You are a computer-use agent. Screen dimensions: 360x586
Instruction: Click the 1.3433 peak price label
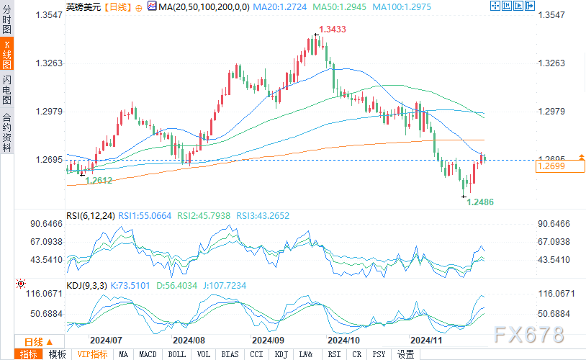pos(333,30)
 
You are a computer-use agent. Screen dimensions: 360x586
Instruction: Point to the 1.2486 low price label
pos(480,203)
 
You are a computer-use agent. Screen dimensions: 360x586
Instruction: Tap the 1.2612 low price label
pos(99,181)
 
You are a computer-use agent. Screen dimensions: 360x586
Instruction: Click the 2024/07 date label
pos(105,339)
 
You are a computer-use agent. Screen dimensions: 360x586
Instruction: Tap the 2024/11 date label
pos(424,339)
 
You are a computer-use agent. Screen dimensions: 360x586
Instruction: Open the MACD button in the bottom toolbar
pos(148,354)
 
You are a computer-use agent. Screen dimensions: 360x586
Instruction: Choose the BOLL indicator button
pos(176,354)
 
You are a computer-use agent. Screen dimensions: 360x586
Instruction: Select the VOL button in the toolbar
pos(204,354)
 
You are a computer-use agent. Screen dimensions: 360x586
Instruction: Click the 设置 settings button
pos(406,354)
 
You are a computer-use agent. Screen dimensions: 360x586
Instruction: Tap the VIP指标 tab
pos(92,354)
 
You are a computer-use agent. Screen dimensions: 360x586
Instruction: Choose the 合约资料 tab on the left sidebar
pos(7,132)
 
